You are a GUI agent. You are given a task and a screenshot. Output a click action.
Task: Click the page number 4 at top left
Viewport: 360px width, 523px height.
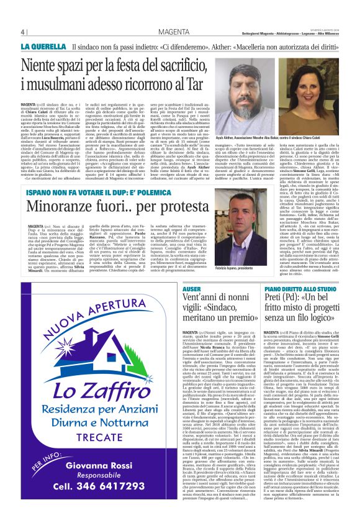(22, 32)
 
